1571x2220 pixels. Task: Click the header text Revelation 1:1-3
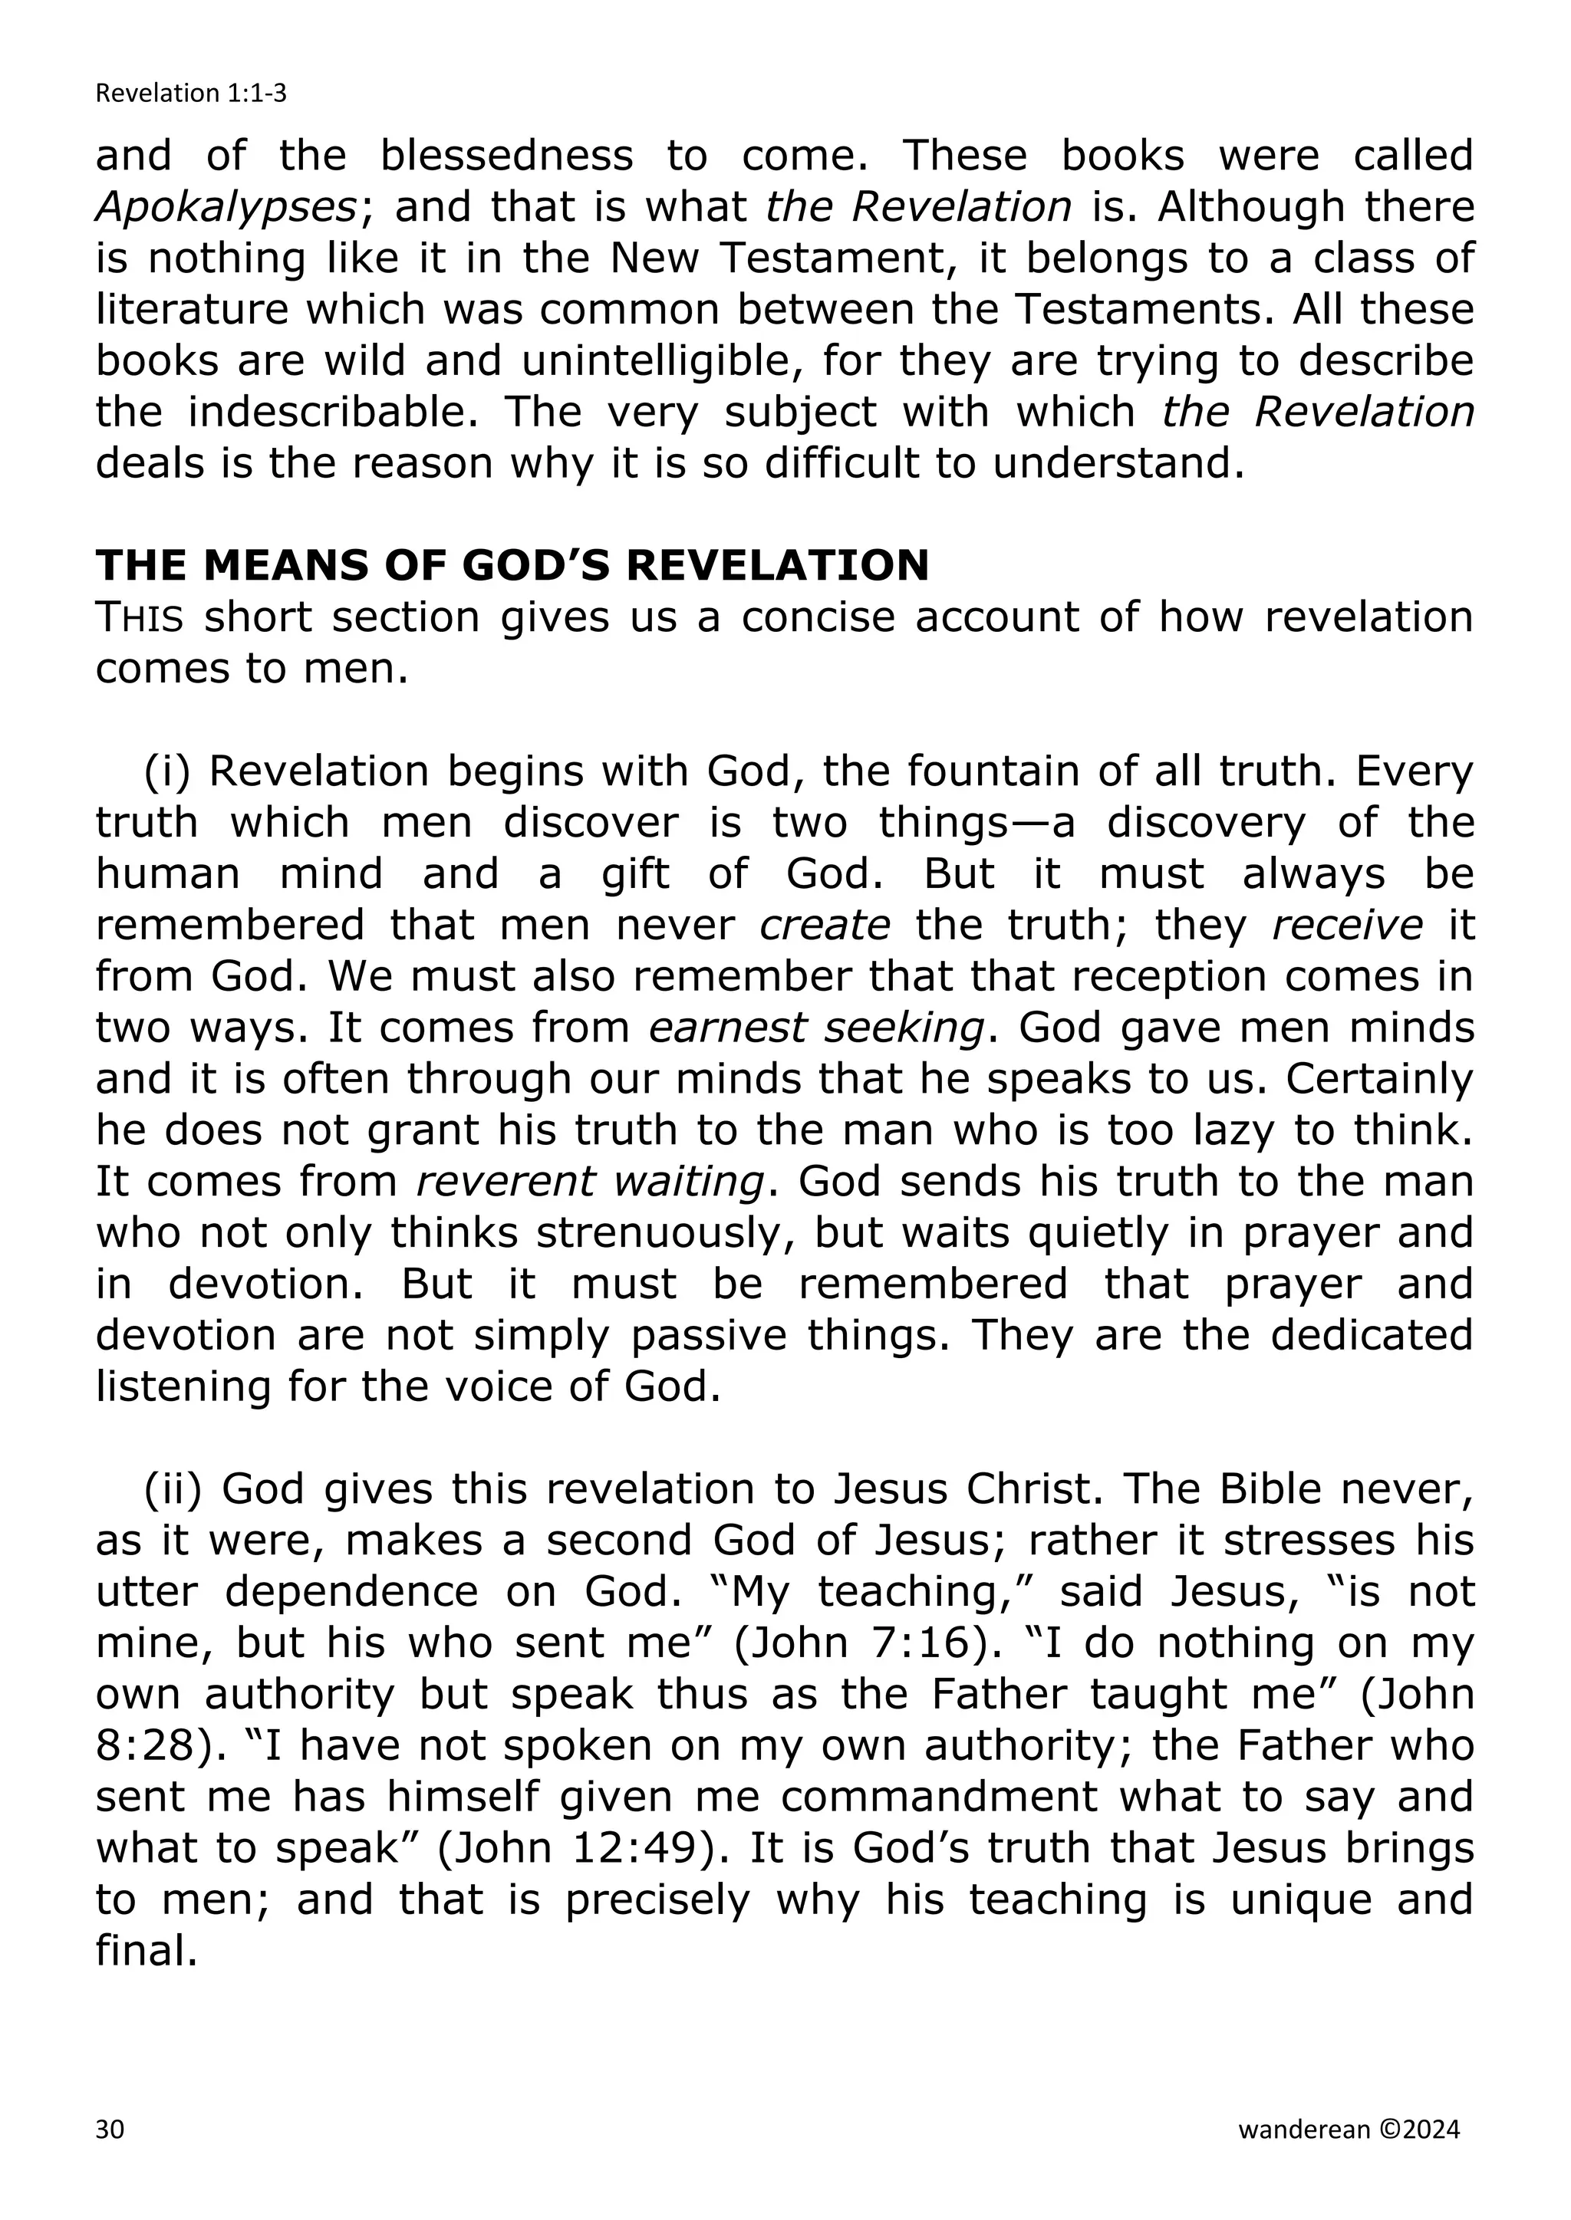(x=190, y=94)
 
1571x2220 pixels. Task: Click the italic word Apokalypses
(x=226, y=208)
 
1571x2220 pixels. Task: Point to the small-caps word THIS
(x=140, y=618)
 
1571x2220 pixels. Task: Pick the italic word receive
(x=1346, y=926)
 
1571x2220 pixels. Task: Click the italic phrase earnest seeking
(x=816, y=1028)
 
